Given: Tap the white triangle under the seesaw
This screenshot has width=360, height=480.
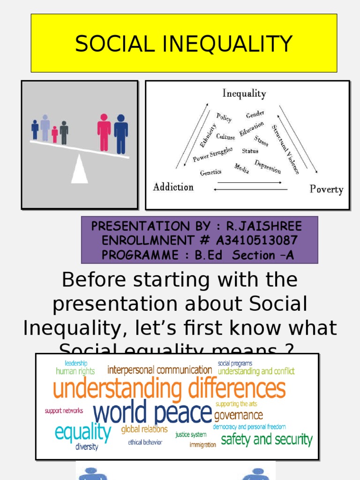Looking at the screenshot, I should click(80, 170).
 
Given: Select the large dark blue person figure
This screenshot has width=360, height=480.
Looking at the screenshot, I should click(121, 134).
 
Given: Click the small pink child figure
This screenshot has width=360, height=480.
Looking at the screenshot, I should click(55, 135).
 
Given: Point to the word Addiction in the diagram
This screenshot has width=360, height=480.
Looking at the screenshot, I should click(173, 187).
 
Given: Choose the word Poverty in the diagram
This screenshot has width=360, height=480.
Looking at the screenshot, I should click(326, 189).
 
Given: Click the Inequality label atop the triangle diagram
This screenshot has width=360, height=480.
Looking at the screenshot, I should click(244, 93).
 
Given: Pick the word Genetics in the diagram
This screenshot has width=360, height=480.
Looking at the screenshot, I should click(210, 172).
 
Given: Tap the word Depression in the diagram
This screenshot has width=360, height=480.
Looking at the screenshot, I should click(268, 166).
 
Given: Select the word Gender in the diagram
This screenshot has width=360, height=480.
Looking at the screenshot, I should click(255, 114).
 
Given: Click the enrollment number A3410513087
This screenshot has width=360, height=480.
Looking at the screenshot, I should click(256, 240).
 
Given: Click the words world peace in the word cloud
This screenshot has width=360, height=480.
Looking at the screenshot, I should click(152, 412).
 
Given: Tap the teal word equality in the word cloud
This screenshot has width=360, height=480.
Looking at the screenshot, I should click(83, 432).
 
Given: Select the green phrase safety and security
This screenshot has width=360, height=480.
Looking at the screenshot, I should click(266, 439).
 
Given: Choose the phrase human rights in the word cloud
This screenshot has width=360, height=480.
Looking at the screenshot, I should click(75, 371).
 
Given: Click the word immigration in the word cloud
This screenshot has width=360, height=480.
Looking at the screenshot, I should click(202, 444).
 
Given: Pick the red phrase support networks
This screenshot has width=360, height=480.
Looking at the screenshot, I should click(64, 411).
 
